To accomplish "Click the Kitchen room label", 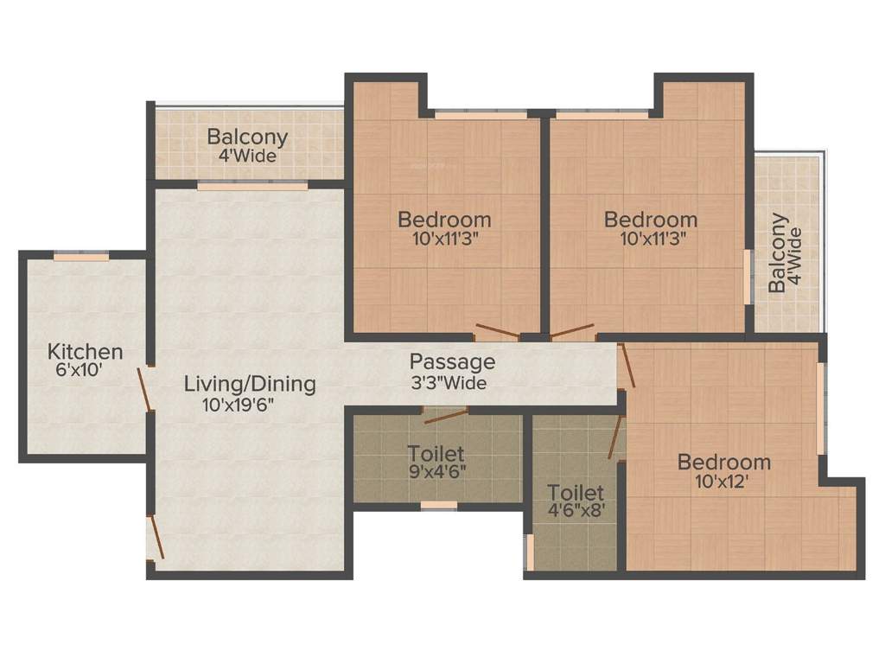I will [85, 352].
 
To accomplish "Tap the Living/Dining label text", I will [250, 384].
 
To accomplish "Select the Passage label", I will [452, 361].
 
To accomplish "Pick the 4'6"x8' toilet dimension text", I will [576, 511].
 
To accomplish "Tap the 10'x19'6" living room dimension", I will [246, 404].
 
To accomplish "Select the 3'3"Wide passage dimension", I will [448, 382].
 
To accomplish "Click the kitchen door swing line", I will [147, 388].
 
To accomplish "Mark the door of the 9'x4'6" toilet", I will [447, 414].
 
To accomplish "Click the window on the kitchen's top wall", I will [81, 256].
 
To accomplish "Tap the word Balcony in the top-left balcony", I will [247, 137].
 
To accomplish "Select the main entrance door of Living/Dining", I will [156, 536].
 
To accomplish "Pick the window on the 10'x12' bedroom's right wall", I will [820, 407].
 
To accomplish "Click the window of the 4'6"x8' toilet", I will [530, 552].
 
